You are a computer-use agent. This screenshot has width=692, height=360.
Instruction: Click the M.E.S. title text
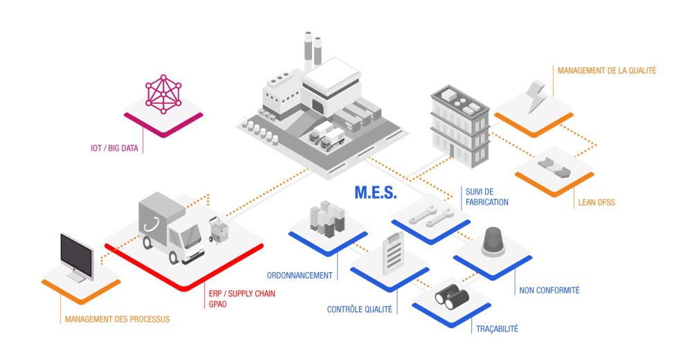click(x=376, y=192)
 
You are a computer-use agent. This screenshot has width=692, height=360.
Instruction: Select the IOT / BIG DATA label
click(x=112, y=148)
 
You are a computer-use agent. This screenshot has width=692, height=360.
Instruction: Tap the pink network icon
click(x=164, y=94)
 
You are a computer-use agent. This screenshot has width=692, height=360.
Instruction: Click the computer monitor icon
click(x=76, y=257)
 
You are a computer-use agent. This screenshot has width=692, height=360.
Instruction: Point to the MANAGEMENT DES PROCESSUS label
click(x=117, y=319)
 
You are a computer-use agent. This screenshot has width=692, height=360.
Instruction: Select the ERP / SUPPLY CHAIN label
click(x=242, y=294)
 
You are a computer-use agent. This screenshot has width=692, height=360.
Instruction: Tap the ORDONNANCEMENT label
click(x=300, y=275)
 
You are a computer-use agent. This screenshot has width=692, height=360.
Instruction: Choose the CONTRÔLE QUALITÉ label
click(x=360, y=309)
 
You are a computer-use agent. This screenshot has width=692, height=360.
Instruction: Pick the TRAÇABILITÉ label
click(x=497, y=329)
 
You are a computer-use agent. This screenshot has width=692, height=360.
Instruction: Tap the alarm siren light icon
click(x=493, y=241)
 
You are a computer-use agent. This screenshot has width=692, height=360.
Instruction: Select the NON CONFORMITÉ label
click(x=549, y=290)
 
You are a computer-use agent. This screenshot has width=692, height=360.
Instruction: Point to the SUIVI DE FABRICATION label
click(x=486, y=197)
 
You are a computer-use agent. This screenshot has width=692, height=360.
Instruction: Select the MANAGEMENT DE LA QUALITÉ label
click(x=607, y=70)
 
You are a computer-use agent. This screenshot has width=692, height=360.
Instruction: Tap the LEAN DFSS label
click(x=596, y=203)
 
